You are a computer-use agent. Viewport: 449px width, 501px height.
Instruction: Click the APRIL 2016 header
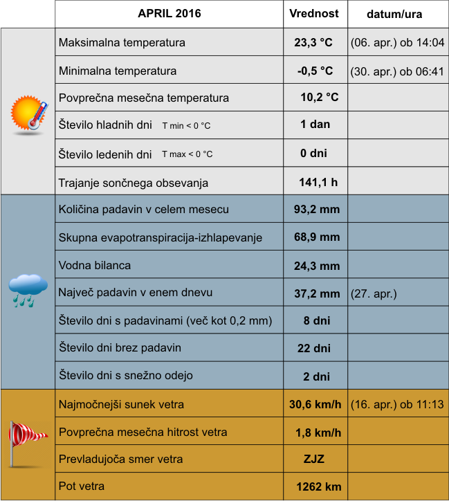tap(169, 14)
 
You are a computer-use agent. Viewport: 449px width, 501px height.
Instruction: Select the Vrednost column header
tap(314, 14)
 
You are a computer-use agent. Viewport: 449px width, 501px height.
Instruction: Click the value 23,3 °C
tap(313, 42)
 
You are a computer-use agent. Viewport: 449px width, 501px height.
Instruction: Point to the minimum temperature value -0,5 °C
tap(315, 70)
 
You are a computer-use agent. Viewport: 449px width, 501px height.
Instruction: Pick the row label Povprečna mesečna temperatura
tap(144, 98)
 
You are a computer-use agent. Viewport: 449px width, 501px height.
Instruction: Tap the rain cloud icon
tap(28, 290)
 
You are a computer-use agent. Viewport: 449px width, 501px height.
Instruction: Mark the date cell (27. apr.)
tap(374, 293)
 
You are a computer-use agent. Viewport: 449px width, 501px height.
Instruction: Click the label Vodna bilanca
tap(95, 265)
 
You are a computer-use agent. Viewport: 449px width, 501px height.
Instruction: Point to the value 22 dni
tap(313, 348)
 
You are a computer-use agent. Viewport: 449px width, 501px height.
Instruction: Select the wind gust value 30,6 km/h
tap(315, 405)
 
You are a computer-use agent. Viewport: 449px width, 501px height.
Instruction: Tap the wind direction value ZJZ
tap(314, 459)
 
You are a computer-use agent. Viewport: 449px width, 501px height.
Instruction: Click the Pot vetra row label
tap(82, 486)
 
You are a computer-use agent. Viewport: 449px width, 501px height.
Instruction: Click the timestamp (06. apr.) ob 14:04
tap(397, 42)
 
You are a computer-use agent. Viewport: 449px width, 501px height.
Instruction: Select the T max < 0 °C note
tap(187, 154)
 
